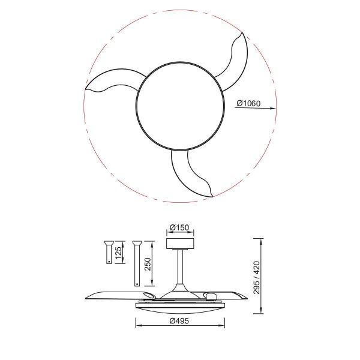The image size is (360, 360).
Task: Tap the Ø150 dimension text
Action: (179, 228)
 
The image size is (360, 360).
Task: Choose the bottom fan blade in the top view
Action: (189, 174)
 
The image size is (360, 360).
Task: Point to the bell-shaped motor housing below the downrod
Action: (179, 290)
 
